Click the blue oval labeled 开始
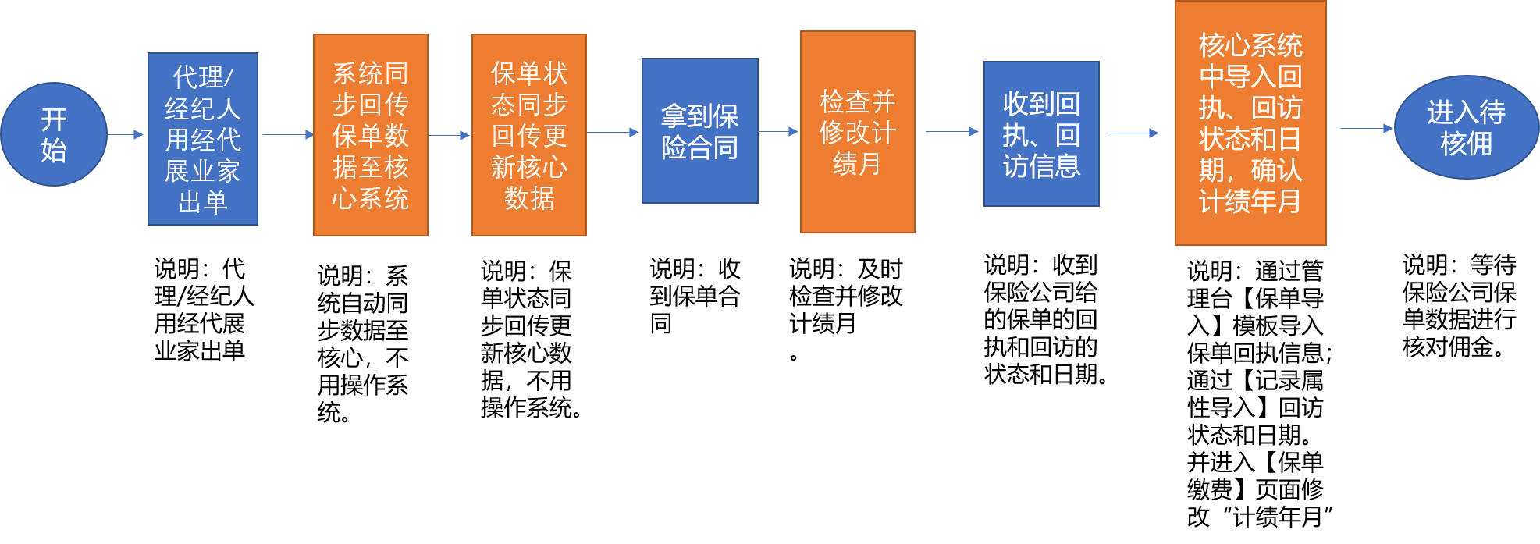coord(54,134)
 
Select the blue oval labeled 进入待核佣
coord(1466,127)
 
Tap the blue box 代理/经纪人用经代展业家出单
coord(203,139)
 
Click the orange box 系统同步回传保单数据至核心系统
coord(371,135)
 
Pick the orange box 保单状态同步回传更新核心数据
coord(529,135)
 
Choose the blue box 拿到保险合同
coord(700,131)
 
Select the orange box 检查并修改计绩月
coord(858,132)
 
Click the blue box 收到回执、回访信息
coord(1041,134)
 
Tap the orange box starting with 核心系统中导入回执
coord(1250,123)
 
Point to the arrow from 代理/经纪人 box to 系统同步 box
coord(287,134)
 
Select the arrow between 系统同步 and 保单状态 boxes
coord(450,135)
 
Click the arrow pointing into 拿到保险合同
coord(614,132)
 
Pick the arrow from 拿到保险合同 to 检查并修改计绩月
coord(778,131)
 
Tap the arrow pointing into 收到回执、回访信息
coord(952,131)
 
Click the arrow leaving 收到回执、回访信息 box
coord(1133,133)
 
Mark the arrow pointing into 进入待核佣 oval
coord(1367,128)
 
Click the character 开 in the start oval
coord(54,119)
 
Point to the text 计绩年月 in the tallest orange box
coord(1250,202)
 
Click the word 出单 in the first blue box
coord(203,202)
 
